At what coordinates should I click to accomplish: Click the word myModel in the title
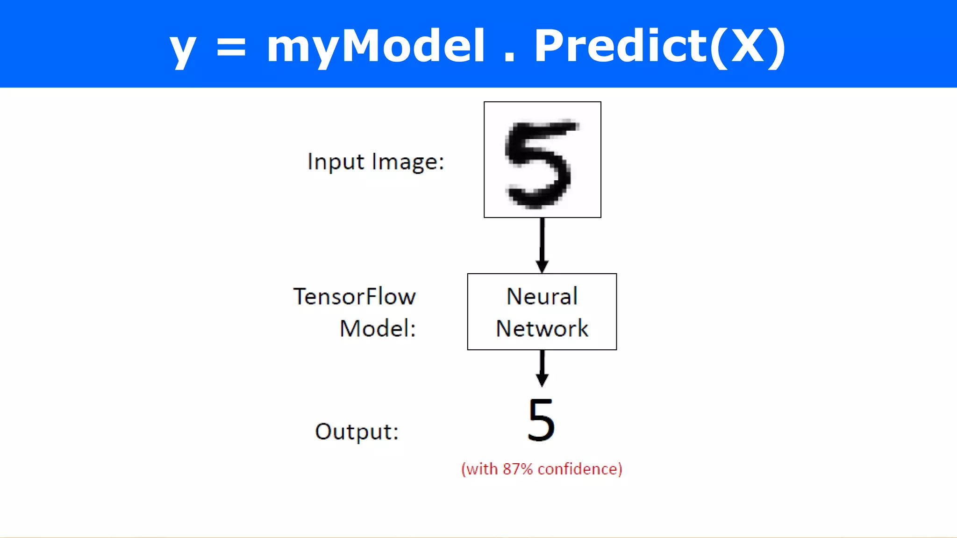(376, 47)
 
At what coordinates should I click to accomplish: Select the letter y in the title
(182, 50)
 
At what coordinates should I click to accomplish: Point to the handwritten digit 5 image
(542, 160)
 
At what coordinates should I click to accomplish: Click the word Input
(336, 163)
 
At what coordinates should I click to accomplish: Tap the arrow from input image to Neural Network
(542, 245)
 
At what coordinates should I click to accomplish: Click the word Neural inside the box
(542, 296)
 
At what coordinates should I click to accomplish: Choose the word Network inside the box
(542, 328)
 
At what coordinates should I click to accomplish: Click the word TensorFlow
(354, 297)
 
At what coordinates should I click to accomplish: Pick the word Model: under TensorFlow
(378, 328)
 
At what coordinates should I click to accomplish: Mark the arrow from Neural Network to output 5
(542, 368)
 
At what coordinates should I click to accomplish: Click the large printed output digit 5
(541, 420)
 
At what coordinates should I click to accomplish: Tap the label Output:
(357, 432)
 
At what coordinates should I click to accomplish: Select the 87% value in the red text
(517, 469)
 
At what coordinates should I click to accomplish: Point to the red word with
(482, 469)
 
